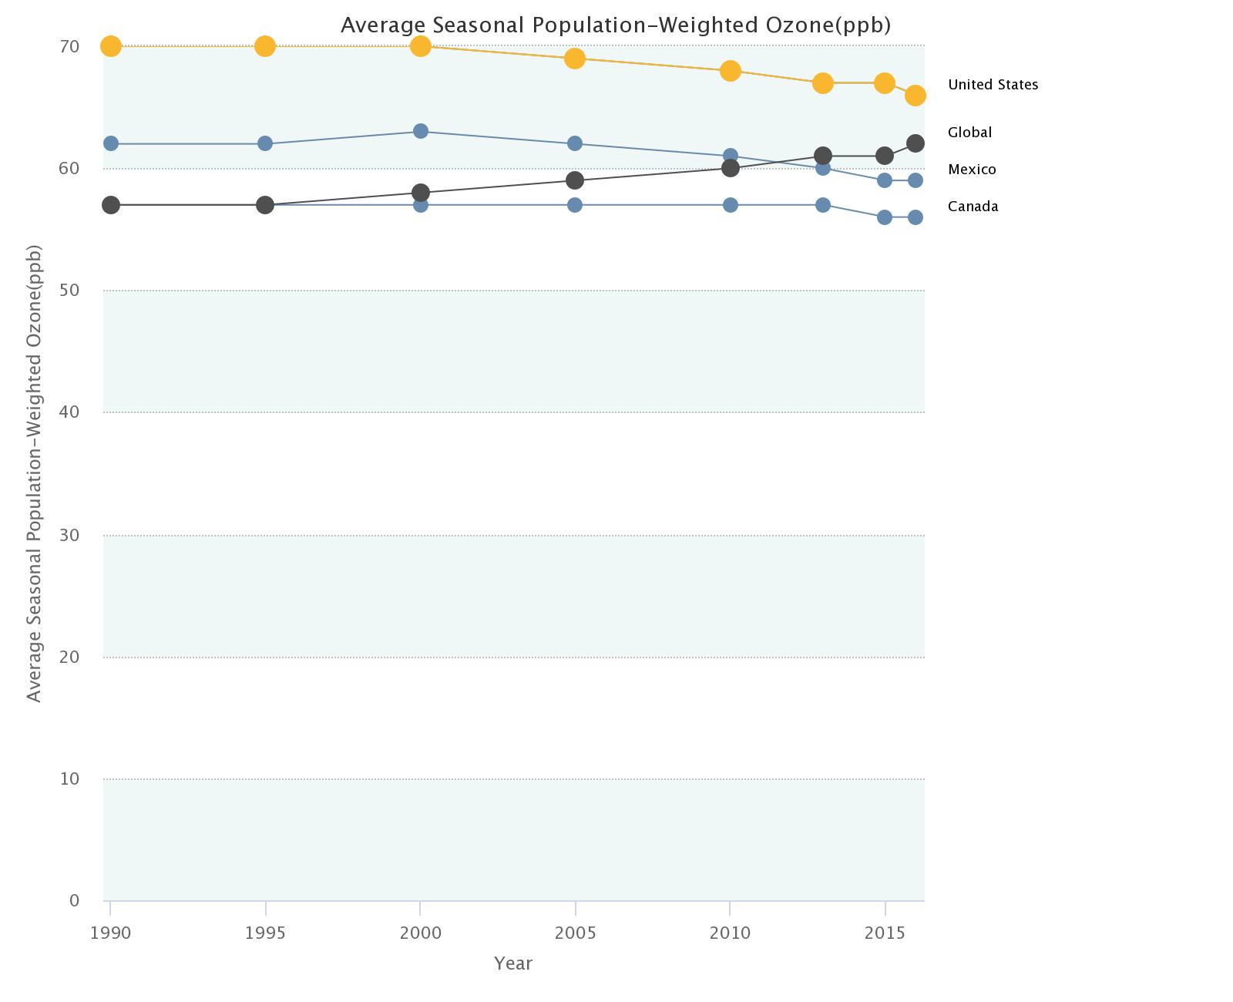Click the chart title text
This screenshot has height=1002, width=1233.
[x=616, y=25]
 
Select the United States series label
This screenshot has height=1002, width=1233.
[x=993, y=85]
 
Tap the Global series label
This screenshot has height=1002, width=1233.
[x=969, y=133]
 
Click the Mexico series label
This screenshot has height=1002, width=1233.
[x=972, y=170]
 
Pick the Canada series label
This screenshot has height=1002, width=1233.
[x=973, y=207]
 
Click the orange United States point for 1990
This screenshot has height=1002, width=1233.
[x=111, y=46]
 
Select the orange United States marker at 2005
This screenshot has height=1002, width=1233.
[x=575, y=59]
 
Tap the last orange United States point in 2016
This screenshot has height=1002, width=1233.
[x=916, y=96]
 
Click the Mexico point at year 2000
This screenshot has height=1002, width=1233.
[x=421, y=131]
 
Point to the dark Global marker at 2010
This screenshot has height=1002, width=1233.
[x=731, y=168]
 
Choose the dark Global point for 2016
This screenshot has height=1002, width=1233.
[x=916, y=143]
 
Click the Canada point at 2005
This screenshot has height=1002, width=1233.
[x=575, y=205]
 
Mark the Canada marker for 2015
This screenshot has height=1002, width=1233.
[x=885, y=217]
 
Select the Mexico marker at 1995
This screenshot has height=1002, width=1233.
[x=265, y=143]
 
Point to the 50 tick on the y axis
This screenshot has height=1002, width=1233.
[x=69, y=291]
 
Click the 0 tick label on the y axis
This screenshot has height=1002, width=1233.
[x=74, y=901]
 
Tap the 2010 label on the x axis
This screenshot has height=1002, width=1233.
[x=730, y=933]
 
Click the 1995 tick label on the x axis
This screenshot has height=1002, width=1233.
[x=265, y=933]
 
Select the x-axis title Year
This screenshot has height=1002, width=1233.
[x=513, y=963]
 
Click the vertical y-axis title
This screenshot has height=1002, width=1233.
[x=34, y=473]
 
